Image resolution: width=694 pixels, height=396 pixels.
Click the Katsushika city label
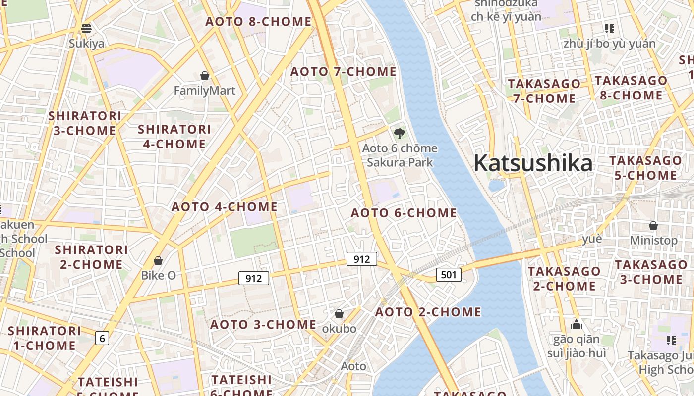533,163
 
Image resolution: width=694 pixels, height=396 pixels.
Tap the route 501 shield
449,274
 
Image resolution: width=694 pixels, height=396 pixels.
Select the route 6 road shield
102,338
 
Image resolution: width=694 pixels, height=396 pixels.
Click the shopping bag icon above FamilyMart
204,76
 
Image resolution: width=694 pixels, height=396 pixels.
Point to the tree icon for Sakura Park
399,133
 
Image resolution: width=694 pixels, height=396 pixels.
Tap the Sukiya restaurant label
87,44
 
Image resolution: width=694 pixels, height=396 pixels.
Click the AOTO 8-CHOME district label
258,22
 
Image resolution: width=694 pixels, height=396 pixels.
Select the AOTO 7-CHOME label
343,72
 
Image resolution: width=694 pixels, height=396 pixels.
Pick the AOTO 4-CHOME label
224,207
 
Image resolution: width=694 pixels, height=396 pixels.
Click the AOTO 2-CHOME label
428,312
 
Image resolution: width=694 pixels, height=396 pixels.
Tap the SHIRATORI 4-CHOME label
174,137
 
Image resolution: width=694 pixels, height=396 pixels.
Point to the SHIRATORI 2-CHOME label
91,257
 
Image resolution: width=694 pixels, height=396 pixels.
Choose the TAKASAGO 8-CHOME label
631,88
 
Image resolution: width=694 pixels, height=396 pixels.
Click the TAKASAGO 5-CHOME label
645,168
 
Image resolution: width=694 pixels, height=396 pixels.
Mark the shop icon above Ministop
653,226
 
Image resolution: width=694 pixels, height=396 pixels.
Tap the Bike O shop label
159,275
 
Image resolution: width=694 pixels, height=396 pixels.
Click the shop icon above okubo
339,314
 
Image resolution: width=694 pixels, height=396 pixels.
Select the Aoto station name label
353,366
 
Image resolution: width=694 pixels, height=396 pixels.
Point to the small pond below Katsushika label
496,186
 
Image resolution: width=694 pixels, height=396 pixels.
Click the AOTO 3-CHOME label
263,325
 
